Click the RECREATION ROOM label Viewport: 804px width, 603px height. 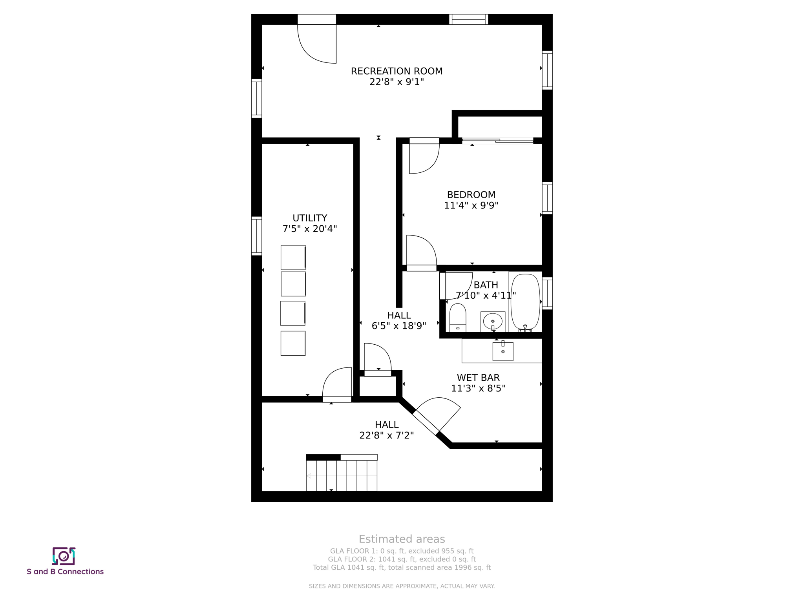point(397,71)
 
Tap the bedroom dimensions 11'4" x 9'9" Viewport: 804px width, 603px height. point(471,205)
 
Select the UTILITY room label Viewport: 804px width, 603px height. point(310,218)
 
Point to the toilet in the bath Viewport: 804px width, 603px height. point(457,317)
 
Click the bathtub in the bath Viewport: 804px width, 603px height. point(525,301)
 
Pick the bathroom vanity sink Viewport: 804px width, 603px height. point(493,322)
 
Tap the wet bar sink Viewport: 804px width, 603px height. point(503,351)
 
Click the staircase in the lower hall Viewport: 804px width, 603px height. point(342,475)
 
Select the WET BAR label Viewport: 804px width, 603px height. point(478,378)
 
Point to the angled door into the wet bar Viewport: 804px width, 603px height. point(437,416)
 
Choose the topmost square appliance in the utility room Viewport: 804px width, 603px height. point(293,258)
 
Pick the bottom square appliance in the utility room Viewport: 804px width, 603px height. point(293,344)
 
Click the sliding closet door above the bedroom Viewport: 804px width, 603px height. point(497,141)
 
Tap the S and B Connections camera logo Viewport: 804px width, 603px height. point(64,556)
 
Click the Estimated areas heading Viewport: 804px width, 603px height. point(402,539)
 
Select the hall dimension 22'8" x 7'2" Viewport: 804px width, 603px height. point(386,435)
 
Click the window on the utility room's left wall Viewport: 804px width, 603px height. point(256,236)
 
